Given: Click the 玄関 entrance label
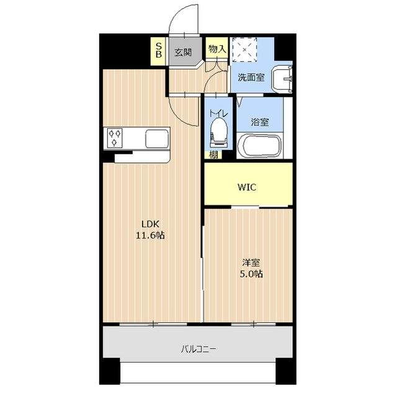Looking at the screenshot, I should click(x=182, y=53).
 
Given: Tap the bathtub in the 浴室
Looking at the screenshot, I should click(x=260, y=147).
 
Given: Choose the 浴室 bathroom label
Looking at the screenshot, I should click(x=260, y=121).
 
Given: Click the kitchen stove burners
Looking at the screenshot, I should click(x=115, y=138).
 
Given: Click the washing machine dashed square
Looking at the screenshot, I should click(x=244, y=51).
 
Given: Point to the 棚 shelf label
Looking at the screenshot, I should click(x=213, y=155).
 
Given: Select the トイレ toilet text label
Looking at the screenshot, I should click(x=218, y=113).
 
